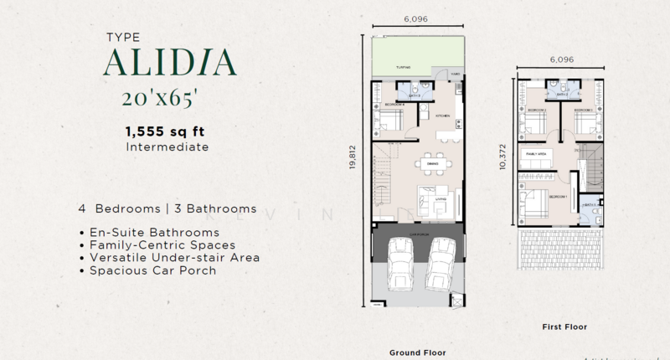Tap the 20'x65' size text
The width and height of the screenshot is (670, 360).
pyautogui.click(x=161, y=98)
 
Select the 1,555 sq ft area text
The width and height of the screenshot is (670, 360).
pyautogui.click(x=166, y=131)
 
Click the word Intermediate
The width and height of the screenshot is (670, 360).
pyautogui.click(x=167, y=147)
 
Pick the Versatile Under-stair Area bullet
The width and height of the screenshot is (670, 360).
pyautogui.click(x=169, y=257)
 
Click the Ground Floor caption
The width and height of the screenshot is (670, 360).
pyautogui.click(x=415, y=352)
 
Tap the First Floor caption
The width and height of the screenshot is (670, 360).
pyautogui.click(x=564, y=326)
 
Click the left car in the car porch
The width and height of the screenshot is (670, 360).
pyautogui.click(x=399, y=270)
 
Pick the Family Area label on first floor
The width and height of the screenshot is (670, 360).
pyautogui.click(x=536, y=156)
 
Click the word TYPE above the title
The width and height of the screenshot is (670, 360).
pyautogui.click(x=124, y=38)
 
